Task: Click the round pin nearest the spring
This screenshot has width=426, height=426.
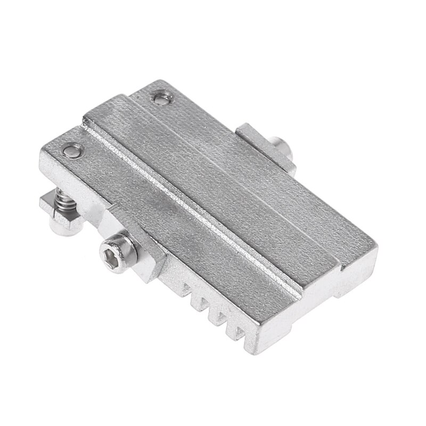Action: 72,151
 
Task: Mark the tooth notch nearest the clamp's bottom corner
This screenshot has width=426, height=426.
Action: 233,332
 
